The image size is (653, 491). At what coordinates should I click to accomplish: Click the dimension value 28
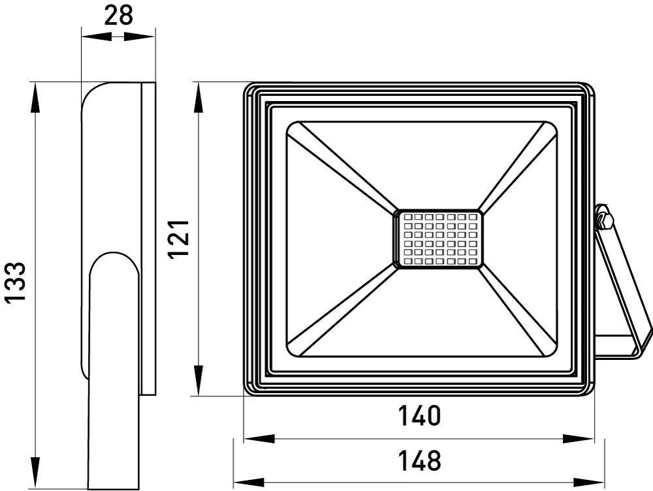tap(118, 16)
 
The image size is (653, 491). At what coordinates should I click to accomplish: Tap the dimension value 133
tap(16, 282)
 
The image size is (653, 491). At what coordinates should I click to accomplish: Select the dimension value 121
tap(179, 239)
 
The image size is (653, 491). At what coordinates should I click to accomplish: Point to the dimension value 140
tap(419, 416)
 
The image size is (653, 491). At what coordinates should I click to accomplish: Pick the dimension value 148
tap(419, 460)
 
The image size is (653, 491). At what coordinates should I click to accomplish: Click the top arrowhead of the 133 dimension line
tap(36, 97)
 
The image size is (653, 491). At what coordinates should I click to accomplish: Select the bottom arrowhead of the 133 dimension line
tap(36, 472)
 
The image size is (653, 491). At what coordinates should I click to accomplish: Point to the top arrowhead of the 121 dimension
tap(199, 97)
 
